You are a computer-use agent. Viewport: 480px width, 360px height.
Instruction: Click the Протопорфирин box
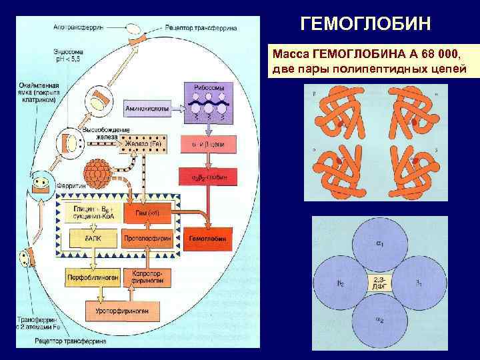[147, 237]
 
